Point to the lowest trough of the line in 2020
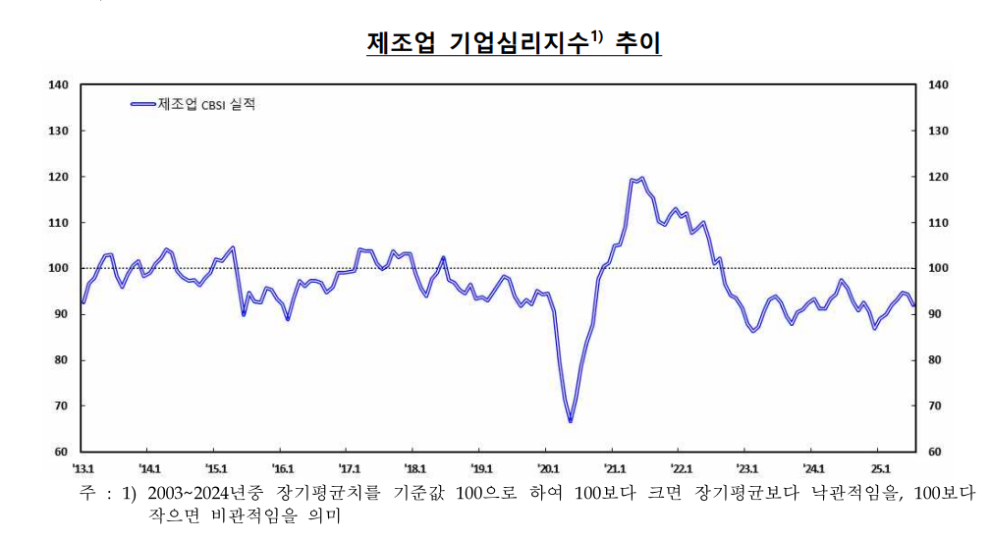(570, 421)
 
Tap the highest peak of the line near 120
(641, 179)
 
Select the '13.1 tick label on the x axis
(83, 468)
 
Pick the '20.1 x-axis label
(547, 468)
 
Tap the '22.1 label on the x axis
(681, 468)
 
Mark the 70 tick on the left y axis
(61, 406)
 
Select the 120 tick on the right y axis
(939, 177)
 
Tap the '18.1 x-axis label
(415, 468)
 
